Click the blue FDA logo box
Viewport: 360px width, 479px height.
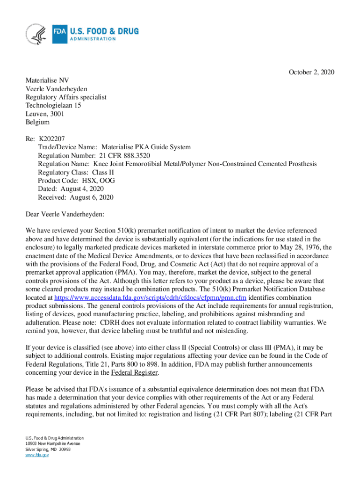coord(60,34)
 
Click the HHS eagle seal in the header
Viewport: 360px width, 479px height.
coord(36,34)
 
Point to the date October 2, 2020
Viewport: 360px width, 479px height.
coord(311,72)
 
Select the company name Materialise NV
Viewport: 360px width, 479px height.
coord(47,80)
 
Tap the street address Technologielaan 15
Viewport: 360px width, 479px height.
coord(53,106)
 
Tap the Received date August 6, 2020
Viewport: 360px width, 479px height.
coord(92,197)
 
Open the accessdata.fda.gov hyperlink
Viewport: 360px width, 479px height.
coord(151,298)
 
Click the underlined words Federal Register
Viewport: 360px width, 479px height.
coord(135,373)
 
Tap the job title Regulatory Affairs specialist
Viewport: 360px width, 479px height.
coord(66,97)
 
